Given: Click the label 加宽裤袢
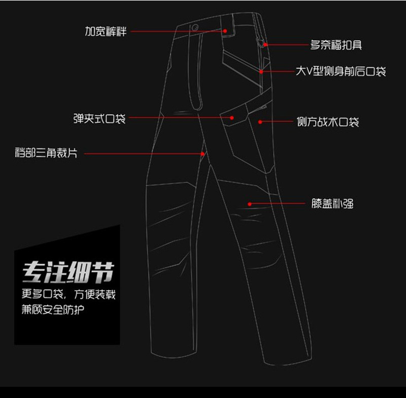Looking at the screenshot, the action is [105, 31].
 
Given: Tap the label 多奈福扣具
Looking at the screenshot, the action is [336, 45].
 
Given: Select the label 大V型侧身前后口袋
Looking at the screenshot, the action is [341, 71].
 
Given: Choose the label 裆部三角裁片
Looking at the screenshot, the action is [46, 153].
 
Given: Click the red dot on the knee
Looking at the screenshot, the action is [250, 204].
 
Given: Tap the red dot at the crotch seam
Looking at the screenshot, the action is [204, 153].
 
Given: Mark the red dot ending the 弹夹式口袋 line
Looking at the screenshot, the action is [232, 118].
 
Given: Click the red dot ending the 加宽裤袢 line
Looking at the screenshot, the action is [225, 31].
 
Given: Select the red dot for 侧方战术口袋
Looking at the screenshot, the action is [260, 122].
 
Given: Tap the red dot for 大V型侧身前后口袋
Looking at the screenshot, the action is [261, 71].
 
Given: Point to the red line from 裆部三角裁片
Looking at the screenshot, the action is [142, 153].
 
